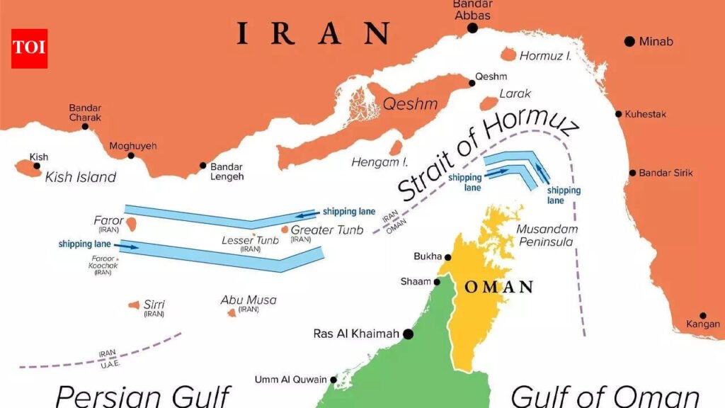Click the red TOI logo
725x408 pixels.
click(29, 48)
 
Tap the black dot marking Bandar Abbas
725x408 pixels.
click(472, 28)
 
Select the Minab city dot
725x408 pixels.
click(629, 42)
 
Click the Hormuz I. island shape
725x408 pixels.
click(508, 55)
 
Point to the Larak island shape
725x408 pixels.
click(489, 103)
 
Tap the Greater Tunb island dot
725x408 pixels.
click(285, 229)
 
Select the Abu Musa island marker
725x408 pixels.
click(232, 312)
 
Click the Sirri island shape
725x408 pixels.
click(134, 305)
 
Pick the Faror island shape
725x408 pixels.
click(131, 223)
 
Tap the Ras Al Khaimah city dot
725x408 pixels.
click(408, 334)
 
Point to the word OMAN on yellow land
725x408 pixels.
click(499, 287)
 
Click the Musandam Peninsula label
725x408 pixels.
click(547, 235)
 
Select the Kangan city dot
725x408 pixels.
click(703, 316)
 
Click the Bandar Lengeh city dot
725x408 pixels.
click(203, 165)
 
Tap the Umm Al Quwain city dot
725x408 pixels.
click(333, 379)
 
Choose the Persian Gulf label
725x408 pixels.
click(143, 395)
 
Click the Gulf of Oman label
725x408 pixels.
click(605, 395)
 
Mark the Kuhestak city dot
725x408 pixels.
click(619, 114)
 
